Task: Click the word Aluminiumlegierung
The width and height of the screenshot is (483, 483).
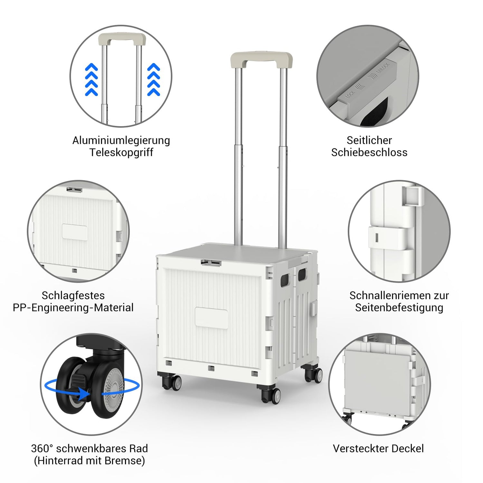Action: coord(121,140)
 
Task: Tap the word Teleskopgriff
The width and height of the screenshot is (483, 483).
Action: coord(121,152)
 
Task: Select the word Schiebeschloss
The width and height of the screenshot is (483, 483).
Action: coord(369,152)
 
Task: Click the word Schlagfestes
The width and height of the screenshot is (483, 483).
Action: coord(73,295)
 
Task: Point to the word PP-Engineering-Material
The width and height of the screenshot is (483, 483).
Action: coord(73,308)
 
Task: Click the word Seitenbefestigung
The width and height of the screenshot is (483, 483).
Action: coord(399,308)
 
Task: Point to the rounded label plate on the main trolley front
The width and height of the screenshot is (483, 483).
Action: coord(212,317)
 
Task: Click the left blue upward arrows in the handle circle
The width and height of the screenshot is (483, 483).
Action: coord(91,80)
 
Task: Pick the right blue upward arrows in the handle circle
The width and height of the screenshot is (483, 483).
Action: coord(154,80)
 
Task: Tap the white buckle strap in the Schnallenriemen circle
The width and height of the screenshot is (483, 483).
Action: coord(391,239)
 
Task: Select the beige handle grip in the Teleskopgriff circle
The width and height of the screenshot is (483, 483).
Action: coord(122,39)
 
